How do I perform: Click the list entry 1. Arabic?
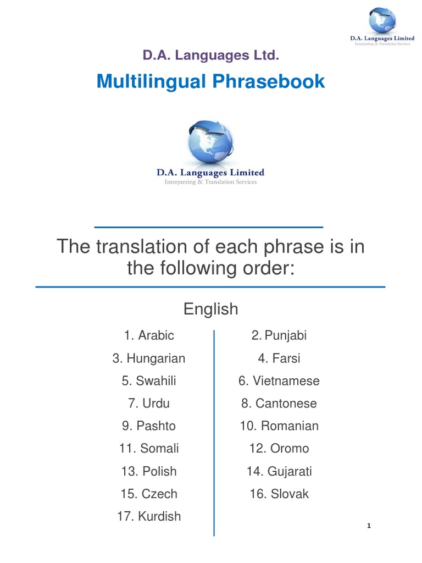pos(149,335)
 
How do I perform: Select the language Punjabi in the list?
pos(279,335)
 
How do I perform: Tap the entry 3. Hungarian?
pos(149,358)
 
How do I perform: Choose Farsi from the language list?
pos(279,358)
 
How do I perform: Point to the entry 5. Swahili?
pos(149,381)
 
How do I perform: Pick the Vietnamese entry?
pos(279,381)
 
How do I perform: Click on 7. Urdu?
pos(149,404)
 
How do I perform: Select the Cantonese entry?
pos(279,404)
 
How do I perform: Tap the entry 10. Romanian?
pos(279,426)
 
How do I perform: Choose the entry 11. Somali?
pos(149,449)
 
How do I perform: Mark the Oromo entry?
pos(279,449)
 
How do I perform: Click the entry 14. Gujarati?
pos(279,471)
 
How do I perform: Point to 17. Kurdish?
pos(149,516)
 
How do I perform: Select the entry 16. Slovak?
pos(279,494)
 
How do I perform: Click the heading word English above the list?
pos(211,309)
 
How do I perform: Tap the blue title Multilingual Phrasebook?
pos(211,82)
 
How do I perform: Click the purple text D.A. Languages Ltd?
pos(211,55)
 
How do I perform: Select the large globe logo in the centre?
pos(210,142)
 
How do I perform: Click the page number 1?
pos(370,526)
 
